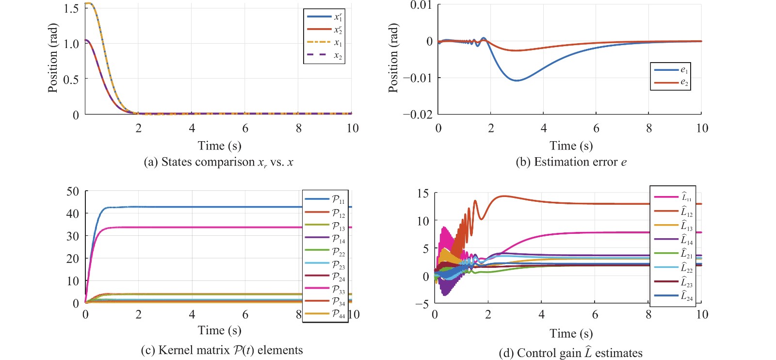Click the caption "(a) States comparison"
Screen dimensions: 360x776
click(x=218, y=162)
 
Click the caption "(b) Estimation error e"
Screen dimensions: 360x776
click(x=571, y=162)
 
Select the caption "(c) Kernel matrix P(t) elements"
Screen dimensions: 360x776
click(x=222, y=350)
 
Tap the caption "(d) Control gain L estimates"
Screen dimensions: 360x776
click(x=570, y=353)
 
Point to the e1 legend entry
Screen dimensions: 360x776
click(x=671, y=70)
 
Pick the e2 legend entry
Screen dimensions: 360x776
click(x=671, y=82)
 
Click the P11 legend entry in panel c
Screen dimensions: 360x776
click(x=324, y=199)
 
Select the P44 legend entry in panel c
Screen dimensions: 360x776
click(x=324, y=314)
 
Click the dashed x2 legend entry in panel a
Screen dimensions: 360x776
click(x=324, y=55)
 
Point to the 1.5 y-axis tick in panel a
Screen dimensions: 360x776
click(x=71, y=9)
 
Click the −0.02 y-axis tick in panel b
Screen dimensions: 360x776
click(x=418, y=115)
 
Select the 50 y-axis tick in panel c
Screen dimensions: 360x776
click(x=73, y=191)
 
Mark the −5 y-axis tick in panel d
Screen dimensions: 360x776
click(x=422, y=304)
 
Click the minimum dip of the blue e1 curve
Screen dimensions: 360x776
click(x=517, y=81)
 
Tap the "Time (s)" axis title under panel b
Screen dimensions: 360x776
click(x=571, y=146)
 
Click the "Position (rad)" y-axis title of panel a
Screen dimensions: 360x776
click(x=53, y=58)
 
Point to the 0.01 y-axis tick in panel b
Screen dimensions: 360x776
click(x=420, y=5)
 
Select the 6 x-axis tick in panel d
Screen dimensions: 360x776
click(x=595, y=315)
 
